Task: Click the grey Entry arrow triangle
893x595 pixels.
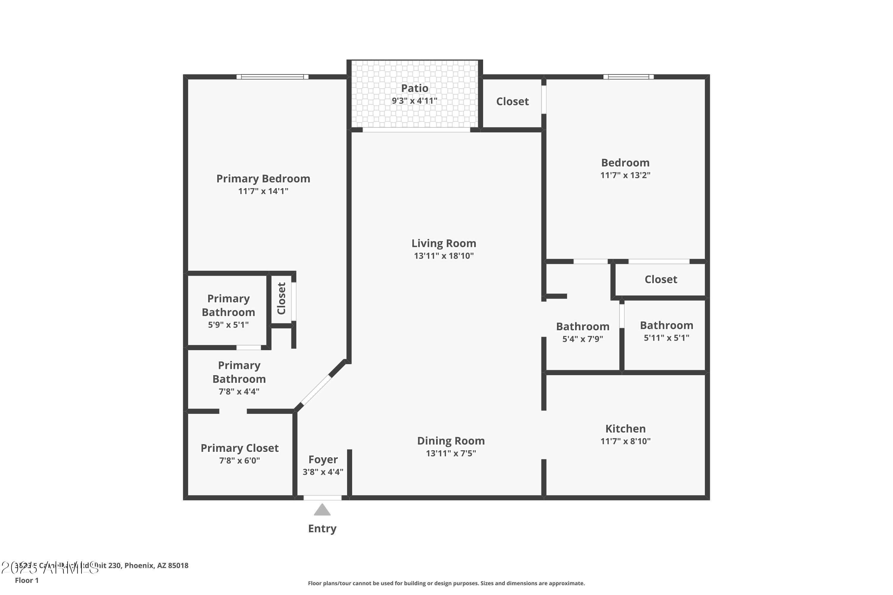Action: pyautogui.click(x=322, y=511)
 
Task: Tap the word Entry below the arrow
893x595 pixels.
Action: pyautogui.click(x=322, y=528)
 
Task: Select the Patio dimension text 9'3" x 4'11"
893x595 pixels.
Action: pyautogui.click(x=414, y=101)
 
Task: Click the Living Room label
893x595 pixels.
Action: pyautogui.click(x=444, y=243)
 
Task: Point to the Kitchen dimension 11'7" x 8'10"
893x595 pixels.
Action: pyautogui.click(x=625, y=441)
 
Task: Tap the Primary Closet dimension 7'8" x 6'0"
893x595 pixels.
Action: pyautogui.click(x=239, y=460)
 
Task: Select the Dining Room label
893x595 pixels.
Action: pyautogui.click(x=451, y=441)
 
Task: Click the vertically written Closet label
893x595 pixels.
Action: pyautogui.click(x=281, y=298)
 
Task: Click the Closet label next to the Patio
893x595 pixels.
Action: pyautogui.click(x=512, y=101)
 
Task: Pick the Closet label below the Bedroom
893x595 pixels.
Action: pyautogui.click(x=661, y=279)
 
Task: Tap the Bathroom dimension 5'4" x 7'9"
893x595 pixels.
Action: pyautogui.click(x=583, y=339)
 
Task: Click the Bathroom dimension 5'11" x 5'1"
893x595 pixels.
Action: pyautogui.click(x=666, y=338)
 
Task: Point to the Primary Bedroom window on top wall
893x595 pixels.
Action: pyautogui.click(x=272, y=77)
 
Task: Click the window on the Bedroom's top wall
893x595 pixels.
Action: pyautogui.click(x=628, y=77)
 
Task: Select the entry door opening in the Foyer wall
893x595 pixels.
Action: pyautogui.click(x=322, y=497)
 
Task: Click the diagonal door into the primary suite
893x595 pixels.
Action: pyautogui.click(x=316, y=390)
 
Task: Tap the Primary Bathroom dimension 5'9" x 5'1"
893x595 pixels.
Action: pyautogui.click(x=228, y=325)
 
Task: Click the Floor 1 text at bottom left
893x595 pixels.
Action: pyautogui.click(x=26, y=580)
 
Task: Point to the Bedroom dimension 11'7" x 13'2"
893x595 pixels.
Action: pyautogui.click(x=625, y=175)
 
